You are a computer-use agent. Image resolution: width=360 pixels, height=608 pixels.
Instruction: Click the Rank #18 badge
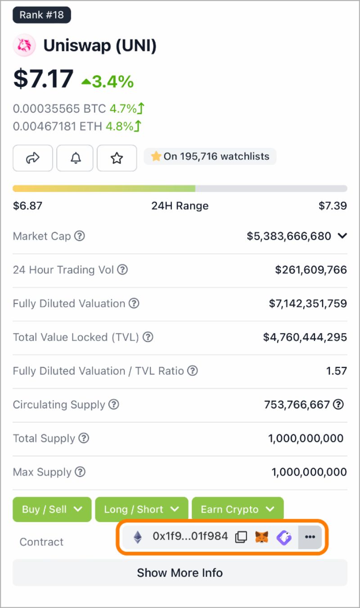[41, 15]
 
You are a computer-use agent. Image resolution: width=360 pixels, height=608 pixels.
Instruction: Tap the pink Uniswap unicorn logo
[24, 45]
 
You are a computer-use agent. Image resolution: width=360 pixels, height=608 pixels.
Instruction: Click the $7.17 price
[43, 78]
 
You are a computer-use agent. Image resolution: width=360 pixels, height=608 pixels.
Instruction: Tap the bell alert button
[75, 158]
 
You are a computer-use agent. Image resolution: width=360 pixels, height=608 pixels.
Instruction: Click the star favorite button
[117, 158]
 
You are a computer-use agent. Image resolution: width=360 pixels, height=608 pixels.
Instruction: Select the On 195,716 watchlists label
[210, 157]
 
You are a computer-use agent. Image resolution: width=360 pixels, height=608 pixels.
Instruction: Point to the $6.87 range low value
[27, 206]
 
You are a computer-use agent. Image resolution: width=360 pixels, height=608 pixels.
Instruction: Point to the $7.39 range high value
[333, 206]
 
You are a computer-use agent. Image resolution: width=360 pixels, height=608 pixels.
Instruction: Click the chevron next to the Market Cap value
[342, 236]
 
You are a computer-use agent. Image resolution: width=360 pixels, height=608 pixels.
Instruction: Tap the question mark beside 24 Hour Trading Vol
[122, 270]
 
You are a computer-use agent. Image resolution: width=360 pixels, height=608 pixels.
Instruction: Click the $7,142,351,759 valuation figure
[308, 304]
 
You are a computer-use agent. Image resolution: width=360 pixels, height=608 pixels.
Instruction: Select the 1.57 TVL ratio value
[337, 371]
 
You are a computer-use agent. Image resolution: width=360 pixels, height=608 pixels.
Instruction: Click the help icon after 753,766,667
[338, 404]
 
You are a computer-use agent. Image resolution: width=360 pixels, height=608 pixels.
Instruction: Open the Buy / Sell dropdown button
[52, 509]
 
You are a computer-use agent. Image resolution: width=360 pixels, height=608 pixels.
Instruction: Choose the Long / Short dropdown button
[141, 509]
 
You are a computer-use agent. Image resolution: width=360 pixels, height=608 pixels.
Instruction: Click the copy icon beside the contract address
[241, 537]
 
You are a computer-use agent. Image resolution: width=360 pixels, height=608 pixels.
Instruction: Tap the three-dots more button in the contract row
[310, 537]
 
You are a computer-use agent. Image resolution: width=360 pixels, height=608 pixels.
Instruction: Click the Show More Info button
[180, 573]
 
